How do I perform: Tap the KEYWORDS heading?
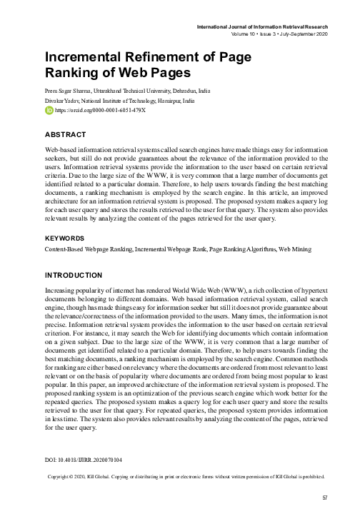(65, 237)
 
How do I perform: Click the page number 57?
(324, 497)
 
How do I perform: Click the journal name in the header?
(264, 27)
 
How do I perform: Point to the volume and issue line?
(281, 34)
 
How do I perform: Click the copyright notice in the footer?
(186, 476)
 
